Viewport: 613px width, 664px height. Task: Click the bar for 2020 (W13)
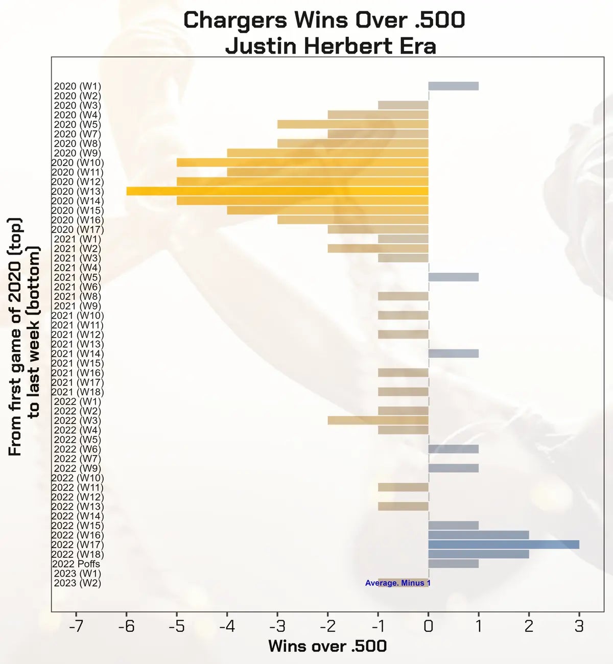coord(277,191)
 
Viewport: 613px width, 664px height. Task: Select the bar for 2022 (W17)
coord(504,544)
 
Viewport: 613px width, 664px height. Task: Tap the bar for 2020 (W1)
coord(454,86)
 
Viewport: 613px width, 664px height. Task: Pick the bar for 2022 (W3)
coord(378,420)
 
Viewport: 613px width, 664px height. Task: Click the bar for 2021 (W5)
coord(454,277)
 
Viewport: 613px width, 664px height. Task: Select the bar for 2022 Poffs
coord(454,564)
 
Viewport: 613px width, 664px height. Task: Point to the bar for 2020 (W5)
coord(353,124)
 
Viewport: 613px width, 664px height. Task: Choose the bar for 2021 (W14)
coord(454,353)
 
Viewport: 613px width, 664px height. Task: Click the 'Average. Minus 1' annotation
coord(398,583)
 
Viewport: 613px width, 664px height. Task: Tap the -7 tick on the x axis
coord(76,626)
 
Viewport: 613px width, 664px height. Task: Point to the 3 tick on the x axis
coord(579,626)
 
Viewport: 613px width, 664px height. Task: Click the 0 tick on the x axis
coord(429,626)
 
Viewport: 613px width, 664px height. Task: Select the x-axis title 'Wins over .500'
coord(327,646)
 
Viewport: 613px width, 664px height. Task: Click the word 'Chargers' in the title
coord(235,20)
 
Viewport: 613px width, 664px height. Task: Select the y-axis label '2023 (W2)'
coord(77,583)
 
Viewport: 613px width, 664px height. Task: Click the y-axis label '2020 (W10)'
coord(77,162)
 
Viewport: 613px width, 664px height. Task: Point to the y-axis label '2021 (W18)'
coord(77,392)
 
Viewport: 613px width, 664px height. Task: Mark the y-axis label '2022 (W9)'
coord(77,468)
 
